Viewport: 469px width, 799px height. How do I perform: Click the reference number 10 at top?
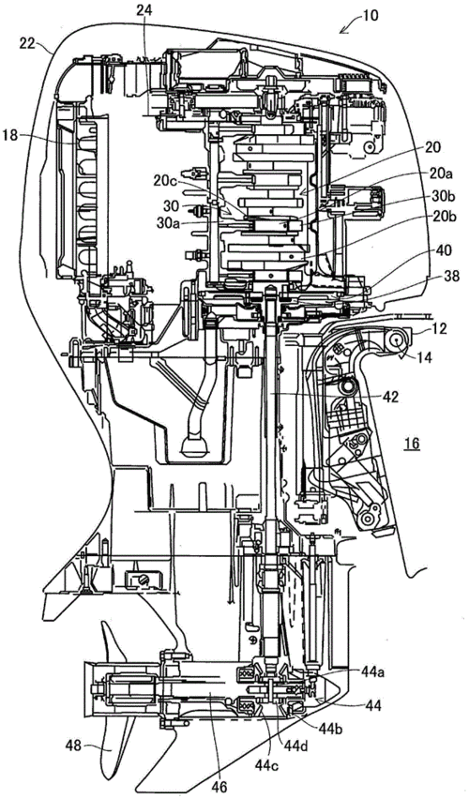click(371, 15)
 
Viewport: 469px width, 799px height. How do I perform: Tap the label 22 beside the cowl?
click(26, 43)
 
